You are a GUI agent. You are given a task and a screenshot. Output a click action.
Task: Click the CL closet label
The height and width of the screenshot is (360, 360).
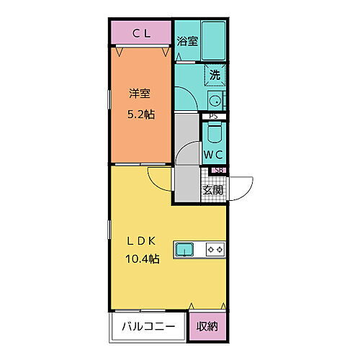(x=141, y=32)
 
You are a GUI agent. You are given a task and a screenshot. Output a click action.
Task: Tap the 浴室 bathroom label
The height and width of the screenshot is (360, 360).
(x=187, y=41)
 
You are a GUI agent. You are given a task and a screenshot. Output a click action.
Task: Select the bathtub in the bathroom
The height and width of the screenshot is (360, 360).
(x=214, y=40)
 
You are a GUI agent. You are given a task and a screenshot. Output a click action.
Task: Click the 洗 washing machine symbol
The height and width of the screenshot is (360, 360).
(x=215, y=73)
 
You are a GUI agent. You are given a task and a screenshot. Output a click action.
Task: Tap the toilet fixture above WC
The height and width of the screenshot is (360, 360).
(x=214, y=134)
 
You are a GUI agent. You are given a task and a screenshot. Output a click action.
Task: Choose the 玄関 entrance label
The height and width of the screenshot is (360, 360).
(x=212, y=190)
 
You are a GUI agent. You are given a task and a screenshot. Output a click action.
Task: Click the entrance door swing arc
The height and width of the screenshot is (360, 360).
(x=243, y=186)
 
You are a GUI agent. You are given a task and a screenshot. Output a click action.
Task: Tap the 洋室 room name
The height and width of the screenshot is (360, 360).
(x=140, y=94)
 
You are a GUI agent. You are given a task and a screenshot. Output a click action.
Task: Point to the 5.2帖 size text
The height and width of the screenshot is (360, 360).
(x=140, y=113)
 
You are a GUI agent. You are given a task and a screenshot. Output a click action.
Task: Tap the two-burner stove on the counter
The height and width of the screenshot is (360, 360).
(x=215, y=250)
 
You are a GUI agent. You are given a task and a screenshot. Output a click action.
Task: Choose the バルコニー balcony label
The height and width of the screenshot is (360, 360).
(x=148, y=325)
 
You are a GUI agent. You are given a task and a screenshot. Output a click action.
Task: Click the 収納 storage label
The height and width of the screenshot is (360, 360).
(x=207, y=325)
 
